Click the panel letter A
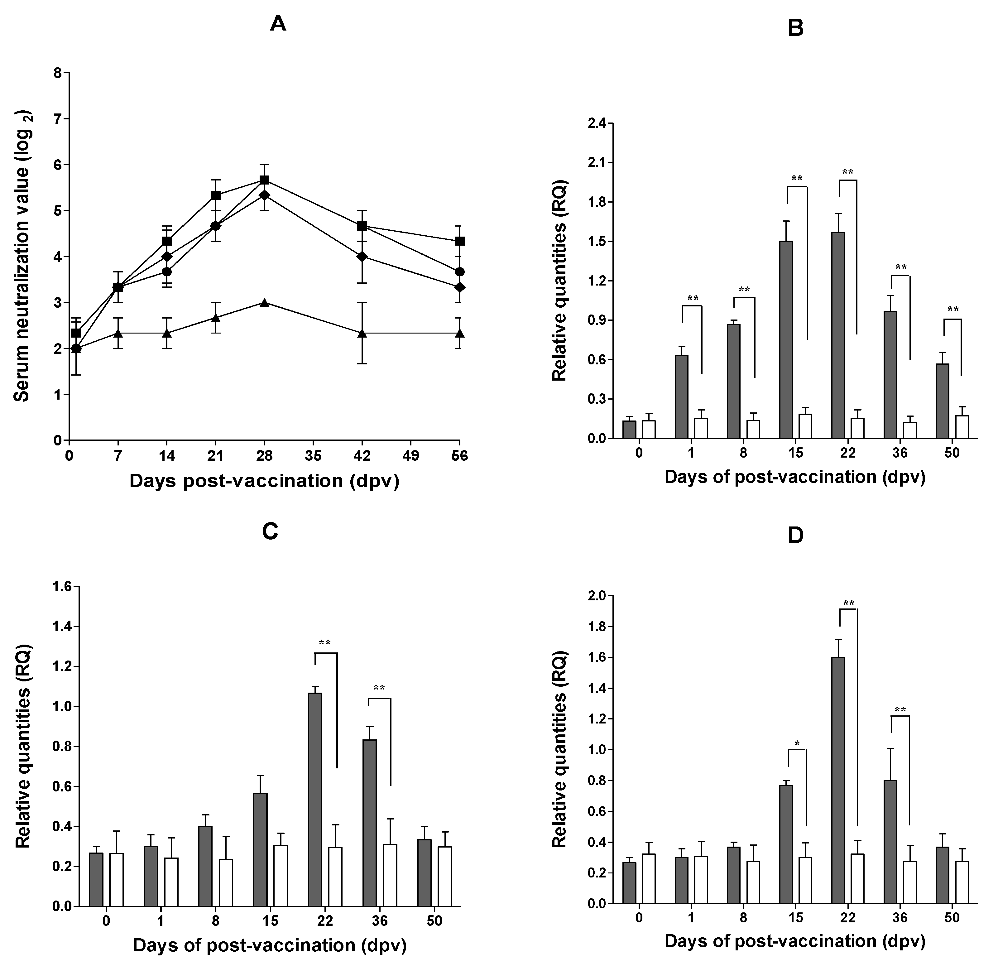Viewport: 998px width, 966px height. (x=278, y=23)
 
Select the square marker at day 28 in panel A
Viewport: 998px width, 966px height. (x=264, y=180)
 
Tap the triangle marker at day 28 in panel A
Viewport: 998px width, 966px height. (x=264, y=302)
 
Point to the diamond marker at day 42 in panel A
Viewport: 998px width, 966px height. (x=362, y=256)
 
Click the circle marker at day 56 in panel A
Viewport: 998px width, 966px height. (x=460, y=272)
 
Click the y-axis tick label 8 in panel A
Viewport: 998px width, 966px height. (x=58, y=73)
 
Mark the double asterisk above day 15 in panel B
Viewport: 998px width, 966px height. (x=797, y=178)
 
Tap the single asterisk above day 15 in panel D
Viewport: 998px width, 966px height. (x=797, y=743)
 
